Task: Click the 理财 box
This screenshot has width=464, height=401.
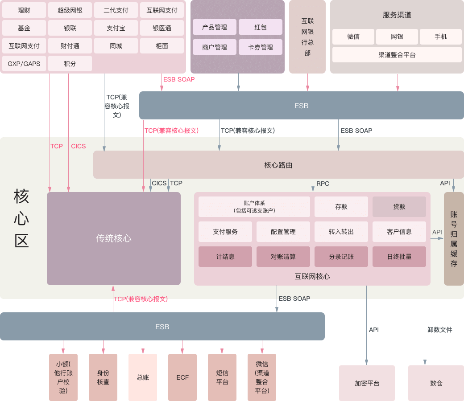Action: [24, 10]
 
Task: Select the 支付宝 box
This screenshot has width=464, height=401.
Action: [116, 28]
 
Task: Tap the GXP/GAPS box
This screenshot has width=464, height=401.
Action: [24, 64]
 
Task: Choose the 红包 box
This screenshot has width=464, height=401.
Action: [261, 27]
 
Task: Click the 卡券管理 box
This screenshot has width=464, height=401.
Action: [261, 47]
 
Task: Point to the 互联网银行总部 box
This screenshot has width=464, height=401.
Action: [307, 37]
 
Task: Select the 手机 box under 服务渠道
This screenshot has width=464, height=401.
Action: [441, 37]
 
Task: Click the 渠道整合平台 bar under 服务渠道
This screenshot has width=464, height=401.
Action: [397, 55]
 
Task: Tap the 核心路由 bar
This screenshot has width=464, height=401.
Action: [278, 165]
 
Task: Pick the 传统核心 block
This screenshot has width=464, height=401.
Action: [114, 238]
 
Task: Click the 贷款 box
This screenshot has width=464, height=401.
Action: [399, 207]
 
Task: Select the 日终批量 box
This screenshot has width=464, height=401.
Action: [399, 257]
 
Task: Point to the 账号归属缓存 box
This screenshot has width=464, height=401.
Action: [454, 238]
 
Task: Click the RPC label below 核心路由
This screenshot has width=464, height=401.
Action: [323, 184]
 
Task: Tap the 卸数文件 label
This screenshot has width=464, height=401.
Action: [439, 330]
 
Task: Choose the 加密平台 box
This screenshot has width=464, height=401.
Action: [367, 383]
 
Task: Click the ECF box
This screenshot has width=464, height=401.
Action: [182, 377]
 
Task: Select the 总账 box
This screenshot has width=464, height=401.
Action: [143, 377]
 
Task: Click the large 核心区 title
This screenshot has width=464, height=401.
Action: [21, 218]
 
